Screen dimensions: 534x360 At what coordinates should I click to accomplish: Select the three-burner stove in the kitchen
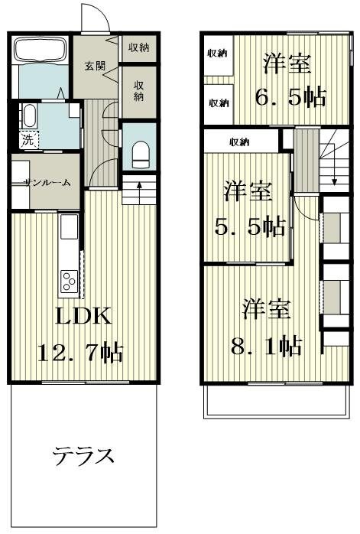pyautogui.click(x=68, y=281)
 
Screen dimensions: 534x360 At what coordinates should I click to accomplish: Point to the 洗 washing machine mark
pyautogui.click(x=27, y=140)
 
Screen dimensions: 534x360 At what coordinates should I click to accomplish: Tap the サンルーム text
pyautogui.click(x=46, y=183)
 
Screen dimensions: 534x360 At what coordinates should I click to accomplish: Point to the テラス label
pyautogui.click(x=83, y=457)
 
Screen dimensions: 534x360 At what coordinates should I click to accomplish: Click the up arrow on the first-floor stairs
pyautogui.click(x=138, y=184)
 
